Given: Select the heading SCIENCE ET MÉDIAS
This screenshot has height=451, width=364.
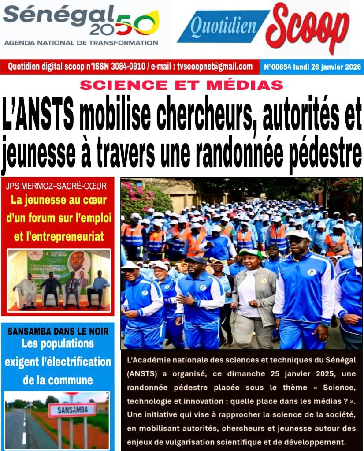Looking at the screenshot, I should pos(182,85).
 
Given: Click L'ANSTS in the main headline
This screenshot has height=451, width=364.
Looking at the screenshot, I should pos(38,116).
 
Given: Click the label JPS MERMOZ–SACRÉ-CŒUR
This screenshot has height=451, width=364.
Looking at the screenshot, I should pos(57,185).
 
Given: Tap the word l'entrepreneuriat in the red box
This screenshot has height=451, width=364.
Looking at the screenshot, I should pos(59,236).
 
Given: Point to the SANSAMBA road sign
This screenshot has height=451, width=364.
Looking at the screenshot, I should pos(72,410).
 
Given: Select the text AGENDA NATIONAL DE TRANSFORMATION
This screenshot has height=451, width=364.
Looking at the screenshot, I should pos(81,43).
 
